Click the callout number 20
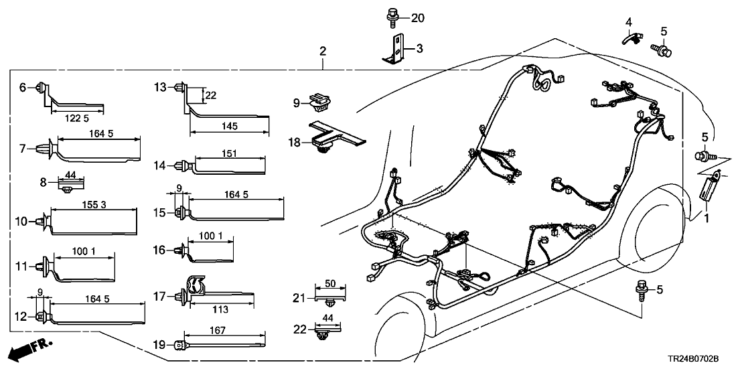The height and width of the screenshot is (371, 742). pos(417,18)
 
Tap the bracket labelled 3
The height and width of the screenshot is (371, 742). pos(396,49)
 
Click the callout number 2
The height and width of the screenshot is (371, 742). pos(323,51)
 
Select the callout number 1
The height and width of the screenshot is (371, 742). pos(707,218)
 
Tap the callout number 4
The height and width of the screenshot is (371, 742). pos(628,23)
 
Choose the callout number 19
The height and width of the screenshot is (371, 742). pos(159,345)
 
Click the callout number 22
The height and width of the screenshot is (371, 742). pos(299,328)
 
